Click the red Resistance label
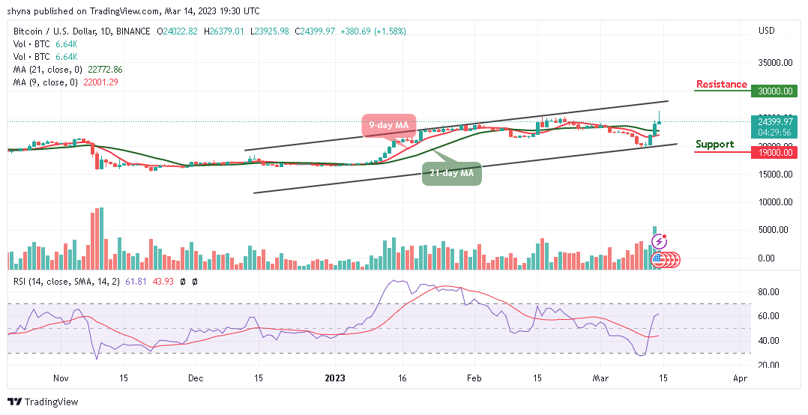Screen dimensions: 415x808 click(x=721, y=85)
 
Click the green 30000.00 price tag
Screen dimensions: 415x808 click(x=776, y=91)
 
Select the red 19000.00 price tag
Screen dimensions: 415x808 click(x=776, y=152)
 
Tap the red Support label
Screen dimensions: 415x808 click(x=714, y=144)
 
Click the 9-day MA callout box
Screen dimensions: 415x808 click(x=388, y=125)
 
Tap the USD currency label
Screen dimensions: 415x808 click(x=766, y=31)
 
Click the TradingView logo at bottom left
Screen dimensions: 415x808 click(x=43, y=402)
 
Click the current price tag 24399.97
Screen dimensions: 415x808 click(x=776, y=121)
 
